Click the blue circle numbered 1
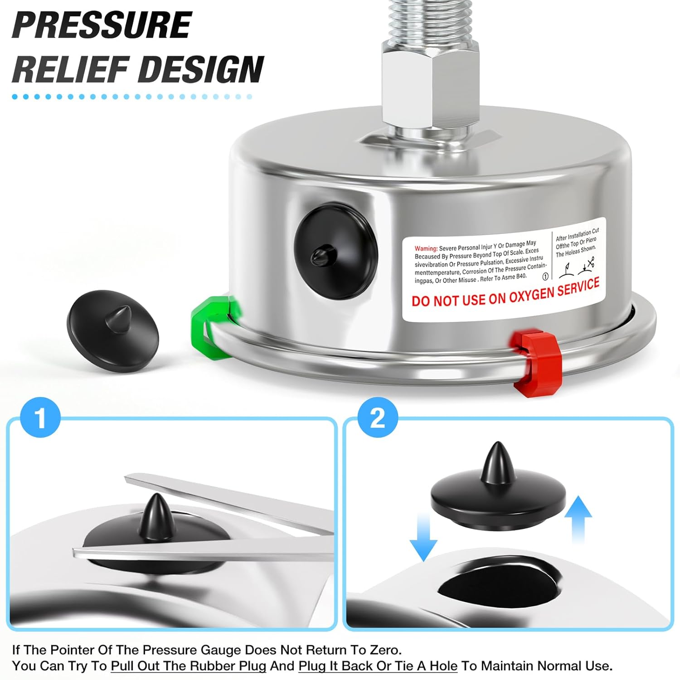41,418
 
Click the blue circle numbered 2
378,418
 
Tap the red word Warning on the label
426,248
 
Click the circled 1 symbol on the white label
545,276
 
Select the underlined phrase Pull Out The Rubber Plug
188,666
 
